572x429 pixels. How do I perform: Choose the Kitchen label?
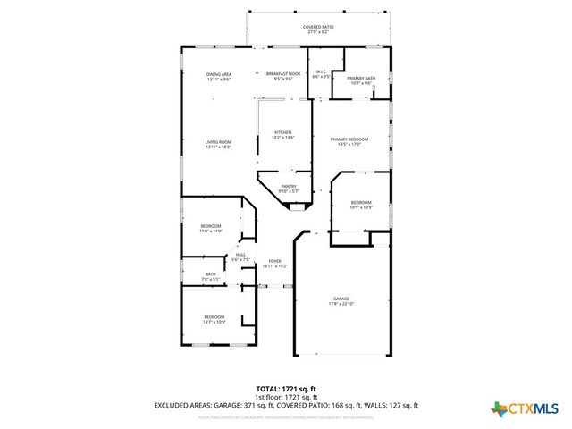click(x=282, y=135)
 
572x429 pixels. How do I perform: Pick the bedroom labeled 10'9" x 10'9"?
click(x=361, y=205)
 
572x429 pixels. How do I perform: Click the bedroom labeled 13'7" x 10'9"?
click(x=214, y=319)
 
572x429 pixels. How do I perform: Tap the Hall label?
click(x=240, y=257)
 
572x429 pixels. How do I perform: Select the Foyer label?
click(x=275, y=264)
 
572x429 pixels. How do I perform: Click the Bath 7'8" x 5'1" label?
click(x=211, y=276)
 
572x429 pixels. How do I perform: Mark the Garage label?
click(x=341, y=301)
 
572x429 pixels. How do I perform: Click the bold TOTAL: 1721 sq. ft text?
click(x=286, y=390)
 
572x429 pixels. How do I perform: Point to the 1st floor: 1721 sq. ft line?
click(x=286, y=397)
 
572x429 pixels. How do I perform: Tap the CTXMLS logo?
click(x=525, y=408)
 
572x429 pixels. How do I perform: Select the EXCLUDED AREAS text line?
click(x=286, y=405)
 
